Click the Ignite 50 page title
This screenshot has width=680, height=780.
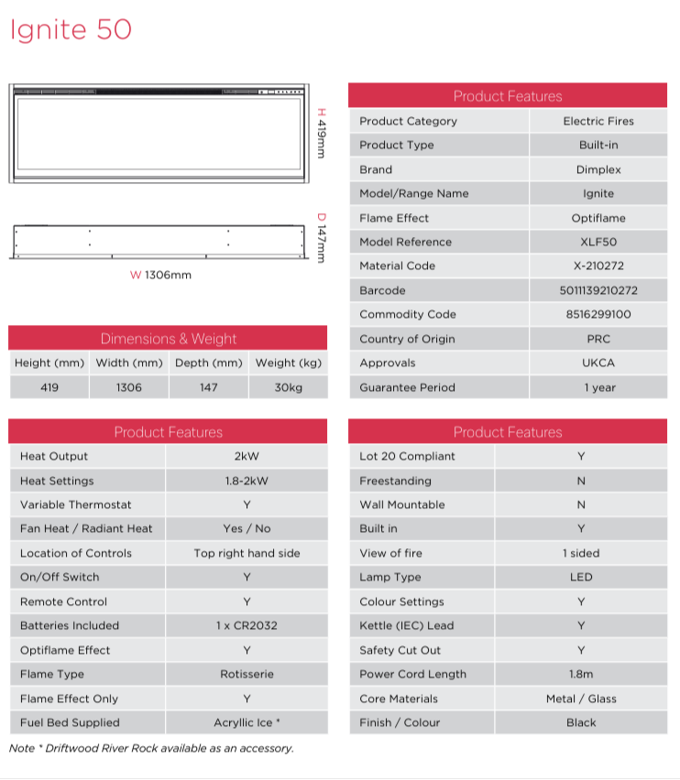coord(71,30)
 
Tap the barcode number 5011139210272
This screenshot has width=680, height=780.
coord(598,290)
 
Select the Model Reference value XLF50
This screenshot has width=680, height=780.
coord(598,242)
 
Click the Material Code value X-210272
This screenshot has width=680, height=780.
coord(598,266)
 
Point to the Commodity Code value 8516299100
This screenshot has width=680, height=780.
coord(598,315)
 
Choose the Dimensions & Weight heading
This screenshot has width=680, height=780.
coord(168,339)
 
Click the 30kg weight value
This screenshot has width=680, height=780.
coord(288,387)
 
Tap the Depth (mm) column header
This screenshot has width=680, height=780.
coord(208,363)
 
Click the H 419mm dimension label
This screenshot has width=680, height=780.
coord(321,134)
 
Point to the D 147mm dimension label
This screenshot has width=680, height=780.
coord(321,238)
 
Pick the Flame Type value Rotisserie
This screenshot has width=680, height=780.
coord(247,675)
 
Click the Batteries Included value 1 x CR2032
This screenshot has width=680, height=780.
coord(247,626)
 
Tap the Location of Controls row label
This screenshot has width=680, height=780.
coord(76,553)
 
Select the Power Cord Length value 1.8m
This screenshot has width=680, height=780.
coord(581,675)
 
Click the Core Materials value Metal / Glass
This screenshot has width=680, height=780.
coord(581,699)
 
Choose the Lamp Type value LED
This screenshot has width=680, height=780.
coord(581,578)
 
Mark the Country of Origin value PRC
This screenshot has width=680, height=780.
coord(598,339)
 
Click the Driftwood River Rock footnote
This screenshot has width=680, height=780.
coord(151,748)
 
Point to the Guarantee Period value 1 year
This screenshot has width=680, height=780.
coord(598,387)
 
